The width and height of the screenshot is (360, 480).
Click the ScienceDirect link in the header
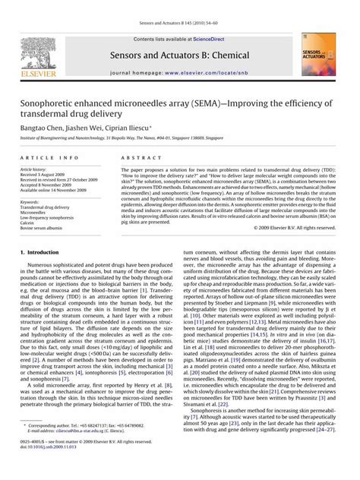click(x=215, y=38)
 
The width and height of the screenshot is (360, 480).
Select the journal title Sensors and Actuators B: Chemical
click(x=179, y=55)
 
